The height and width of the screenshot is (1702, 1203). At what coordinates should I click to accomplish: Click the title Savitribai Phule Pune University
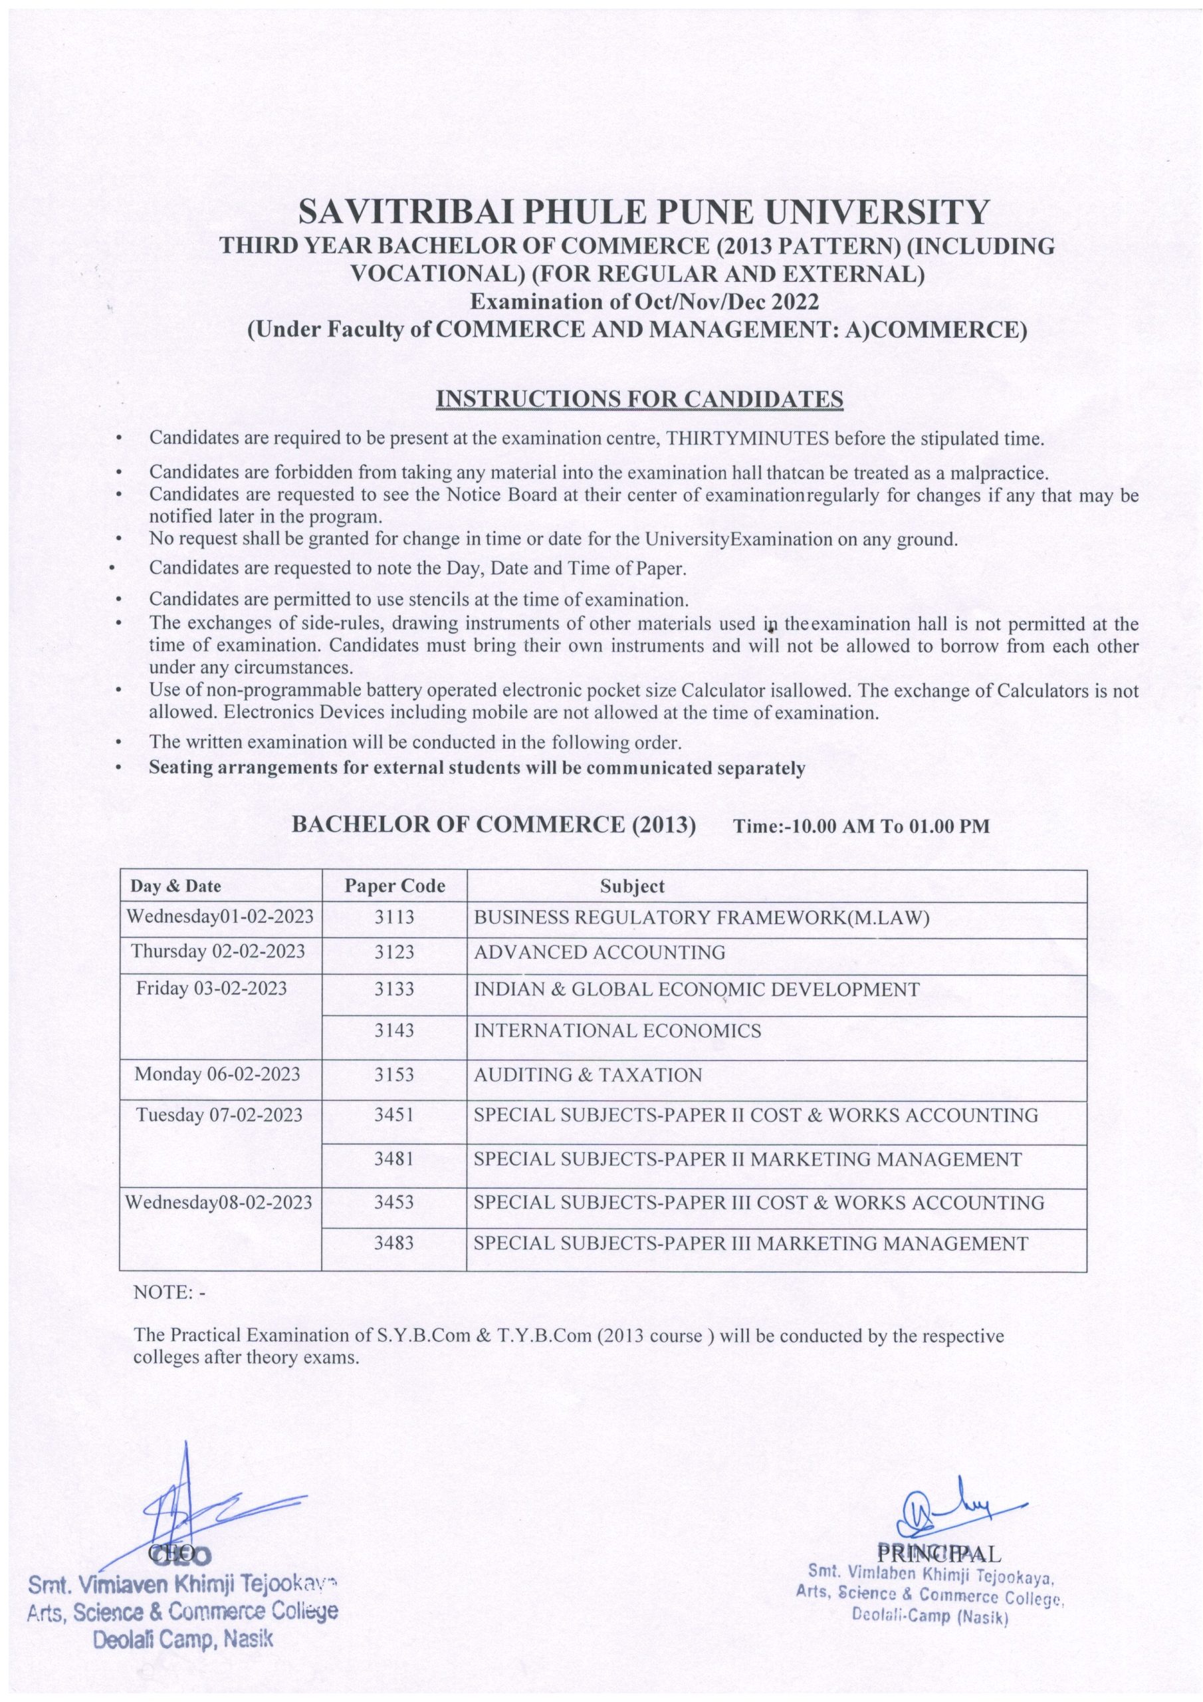pos(643,213)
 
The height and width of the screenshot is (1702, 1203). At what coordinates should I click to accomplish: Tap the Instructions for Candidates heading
pos(639,399)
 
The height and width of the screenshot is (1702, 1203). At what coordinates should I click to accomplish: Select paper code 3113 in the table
pos(393,917)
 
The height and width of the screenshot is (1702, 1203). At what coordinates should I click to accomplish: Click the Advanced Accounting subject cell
pos(599,953)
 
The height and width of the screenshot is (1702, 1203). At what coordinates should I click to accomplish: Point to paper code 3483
pos(393,1243)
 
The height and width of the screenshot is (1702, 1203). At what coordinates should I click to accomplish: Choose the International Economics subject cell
pos(617,1031)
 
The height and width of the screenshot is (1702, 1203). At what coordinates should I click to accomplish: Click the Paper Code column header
pos(394,886)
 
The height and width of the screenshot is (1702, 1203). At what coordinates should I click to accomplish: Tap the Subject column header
pos(632,886)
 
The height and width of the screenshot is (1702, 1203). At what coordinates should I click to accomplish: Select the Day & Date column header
pos(175,886)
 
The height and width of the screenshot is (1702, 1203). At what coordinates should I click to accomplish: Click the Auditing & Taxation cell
pos(587,1075)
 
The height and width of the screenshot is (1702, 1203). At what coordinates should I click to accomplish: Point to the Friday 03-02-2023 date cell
pos(211,988)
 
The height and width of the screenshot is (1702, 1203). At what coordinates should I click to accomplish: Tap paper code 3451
pos(393,1115)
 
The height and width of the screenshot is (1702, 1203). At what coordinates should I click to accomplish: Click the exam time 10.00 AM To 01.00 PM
pos(861,826)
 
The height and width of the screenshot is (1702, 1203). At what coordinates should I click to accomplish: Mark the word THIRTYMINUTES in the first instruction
pos(748,438)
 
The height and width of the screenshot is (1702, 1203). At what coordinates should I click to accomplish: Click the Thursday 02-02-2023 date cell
pos(218,951)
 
